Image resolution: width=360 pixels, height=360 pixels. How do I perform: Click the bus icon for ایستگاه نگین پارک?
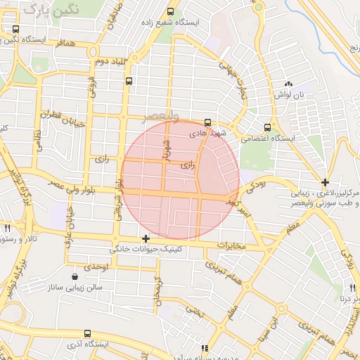pos(16,30)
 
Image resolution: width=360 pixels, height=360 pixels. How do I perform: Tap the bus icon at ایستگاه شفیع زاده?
pos(171,12)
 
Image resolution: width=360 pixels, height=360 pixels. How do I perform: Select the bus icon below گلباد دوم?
pos(128,81)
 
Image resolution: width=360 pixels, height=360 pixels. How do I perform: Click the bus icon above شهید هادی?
pos(207,122)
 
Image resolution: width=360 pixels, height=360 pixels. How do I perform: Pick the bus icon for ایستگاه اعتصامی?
pos(266,127)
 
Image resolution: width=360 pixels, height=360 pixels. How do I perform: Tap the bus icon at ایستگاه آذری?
pos(86,333)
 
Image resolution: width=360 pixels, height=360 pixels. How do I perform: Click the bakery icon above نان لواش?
pos(288,84)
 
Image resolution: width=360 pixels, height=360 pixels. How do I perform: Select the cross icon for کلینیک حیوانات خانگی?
pos(146,238)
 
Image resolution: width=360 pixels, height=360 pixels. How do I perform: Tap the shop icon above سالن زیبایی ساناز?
pos(75,276)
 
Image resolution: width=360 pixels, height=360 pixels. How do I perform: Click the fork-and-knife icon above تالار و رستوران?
pos(7,228)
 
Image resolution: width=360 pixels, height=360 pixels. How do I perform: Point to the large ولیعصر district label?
pos(162,114)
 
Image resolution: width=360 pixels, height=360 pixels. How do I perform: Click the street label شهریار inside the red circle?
pos(167,149)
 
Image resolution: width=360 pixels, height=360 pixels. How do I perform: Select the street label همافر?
pos(63,44)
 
